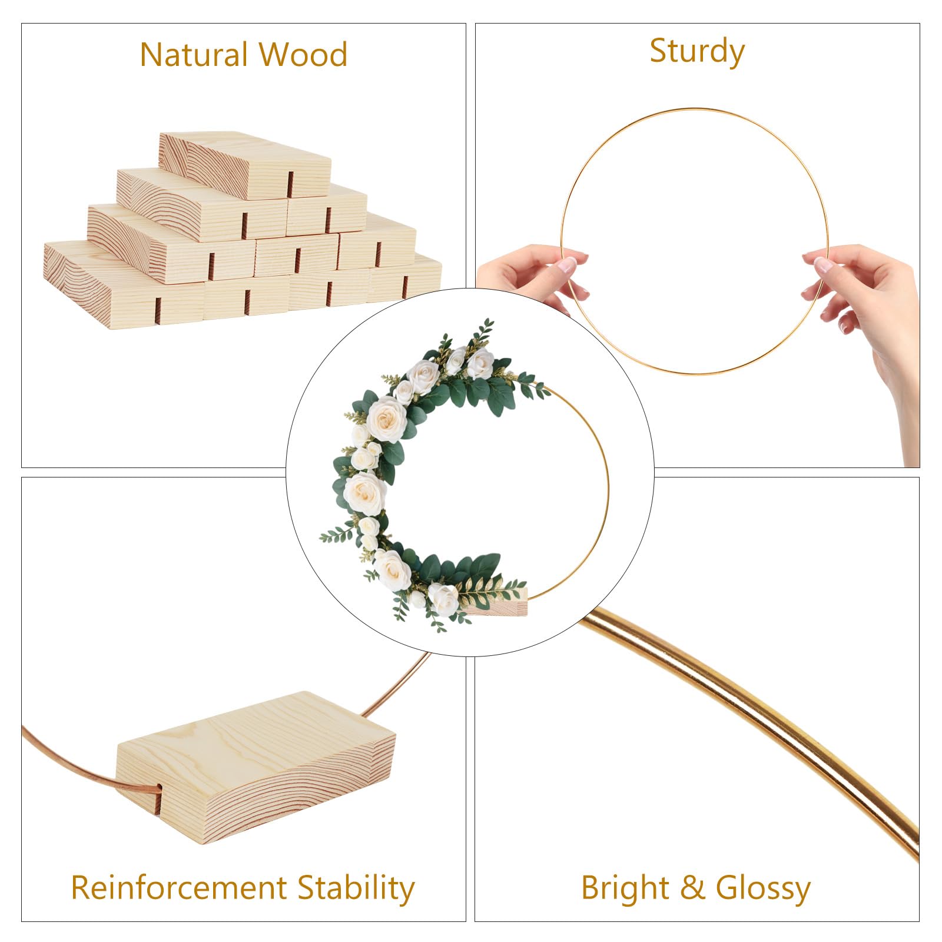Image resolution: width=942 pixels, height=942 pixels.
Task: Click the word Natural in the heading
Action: click(x=194, y=55)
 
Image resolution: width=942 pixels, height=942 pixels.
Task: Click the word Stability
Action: click(x=356, y=887)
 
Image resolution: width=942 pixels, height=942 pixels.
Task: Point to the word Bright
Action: click(x=625, y=888)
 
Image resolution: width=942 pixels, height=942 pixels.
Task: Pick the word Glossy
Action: click(x=763, y=888)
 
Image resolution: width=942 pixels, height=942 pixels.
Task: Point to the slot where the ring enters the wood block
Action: click(x=160, y=799)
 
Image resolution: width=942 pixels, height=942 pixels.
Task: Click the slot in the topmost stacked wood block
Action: click(x=291, y=184)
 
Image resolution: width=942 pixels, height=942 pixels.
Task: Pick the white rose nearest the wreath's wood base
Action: click(x=443, y=599)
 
